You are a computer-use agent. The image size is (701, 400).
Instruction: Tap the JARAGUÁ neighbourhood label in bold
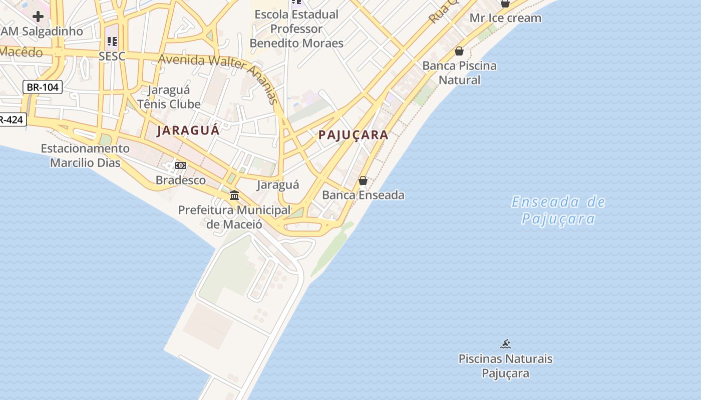(188, 131)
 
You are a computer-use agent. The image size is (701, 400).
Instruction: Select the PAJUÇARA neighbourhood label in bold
(354, 135)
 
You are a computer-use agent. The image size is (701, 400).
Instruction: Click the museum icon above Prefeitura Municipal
(234, 195)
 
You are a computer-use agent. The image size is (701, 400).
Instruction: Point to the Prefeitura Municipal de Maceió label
(234, 217)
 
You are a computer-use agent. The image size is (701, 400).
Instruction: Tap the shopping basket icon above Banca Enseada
(363, 180)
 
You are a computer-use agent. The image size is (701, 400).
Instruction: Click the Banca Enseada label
(363, 195)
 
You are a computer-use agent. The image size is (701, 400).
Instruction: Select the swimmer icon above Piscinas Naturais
(505, 344)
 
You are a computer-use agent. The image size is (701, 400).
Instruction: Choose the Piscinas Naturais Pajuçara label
(505, 366)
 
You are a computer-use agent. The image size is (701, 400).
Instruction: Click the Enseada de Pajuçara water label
(558, 210)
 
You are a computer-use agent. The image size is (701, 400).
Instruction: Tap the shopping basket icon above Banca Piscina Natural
(459, 51)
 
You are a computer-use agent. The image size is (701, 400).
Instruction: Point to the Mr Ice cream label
(505, 18)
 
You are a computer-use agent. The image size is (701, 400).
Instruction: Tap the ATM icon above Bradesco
(180, 165)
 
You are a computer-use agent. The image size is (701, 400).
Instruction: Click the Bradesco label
(181, 180)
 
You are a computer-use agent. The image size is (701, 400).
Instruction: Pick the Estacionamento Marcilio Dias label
(85, 155)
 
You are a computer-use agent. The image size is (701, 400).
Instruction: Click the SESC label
(112, 56)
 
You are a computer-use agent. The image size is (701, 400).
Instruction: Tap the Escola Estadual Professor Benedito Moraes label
(296, 28)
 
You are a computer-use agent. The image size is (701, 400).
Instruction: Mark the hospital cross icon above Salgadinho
(38, 16)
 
